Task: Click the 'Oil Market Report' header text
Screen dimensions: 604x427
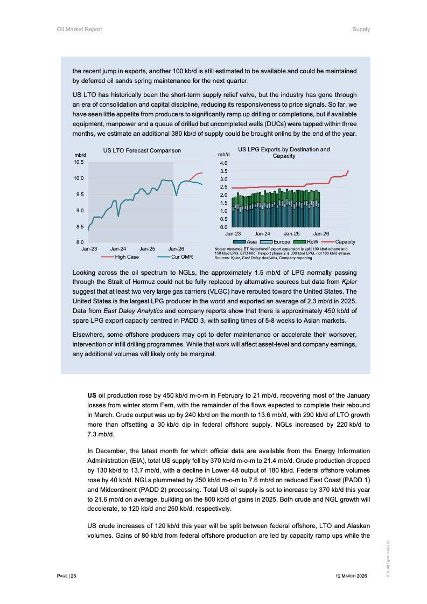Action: tap(79, 29)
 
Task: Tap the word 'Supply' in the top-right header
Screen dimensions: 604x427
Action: tap(361, 29)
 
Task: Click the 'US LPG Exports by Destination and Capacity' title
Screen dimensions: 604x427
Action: tap(284, 152)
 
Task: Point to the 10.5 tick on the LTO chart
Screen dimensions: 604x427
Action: tap(78, 162)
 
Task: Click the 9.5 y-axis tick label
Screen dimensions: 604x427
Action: tap(78, 194)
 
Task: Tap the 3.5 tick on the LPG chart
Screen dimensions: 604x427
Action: tap(224, 171)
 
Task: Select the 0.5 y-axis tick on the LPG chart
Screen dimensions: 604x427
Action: tap(224, 219)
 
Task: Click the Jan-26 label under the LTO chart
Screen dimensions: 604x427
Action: tap(176, 249)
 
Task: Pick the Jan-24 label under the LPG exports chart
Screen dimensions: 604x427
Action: tap(262, 234)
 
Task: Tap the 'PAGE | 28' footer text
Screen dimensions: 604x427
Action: tap(67, 576)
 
